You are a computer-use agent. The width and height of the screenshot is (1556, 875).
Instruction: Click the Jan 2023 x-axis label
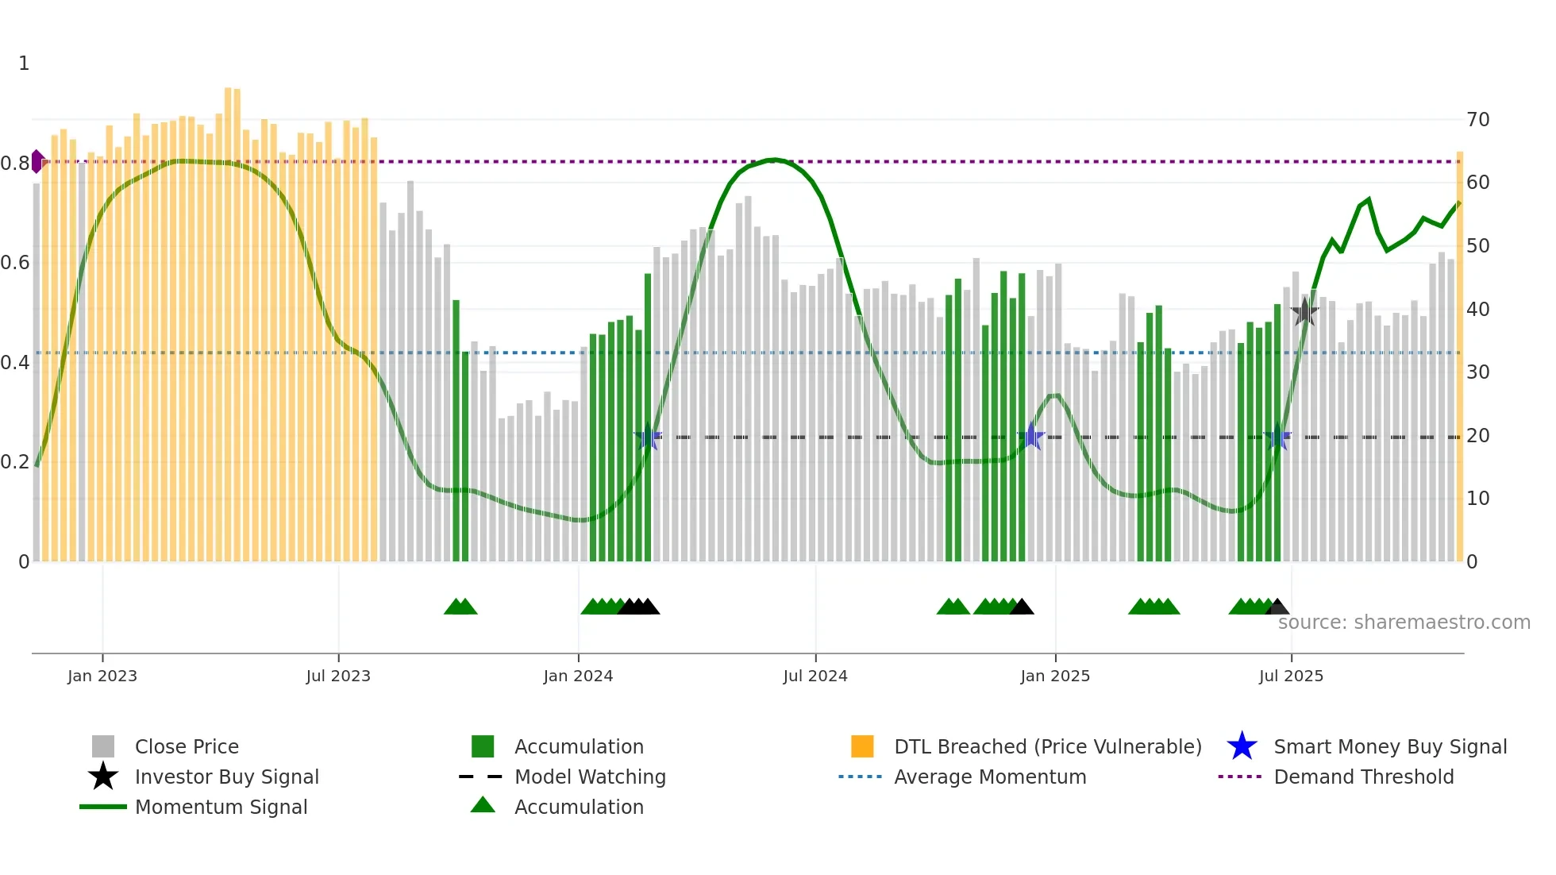tap(102, 676)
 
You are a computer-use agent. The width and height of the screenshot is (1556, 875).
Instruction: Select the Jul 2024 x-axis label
tap(815, 676)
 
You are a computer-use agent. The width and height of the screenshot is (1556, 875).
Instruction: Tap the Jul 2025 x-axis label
tap(1291, 676)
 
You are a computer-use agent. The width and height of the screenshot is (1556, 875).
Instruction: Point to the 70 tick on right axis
tap(1477, 120)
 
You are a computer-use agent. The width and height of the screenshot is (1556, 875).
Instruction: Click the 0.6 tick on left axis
tap(15, 263)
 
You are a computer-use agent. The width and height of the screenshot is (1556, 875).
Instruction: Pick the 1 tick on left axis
tap(24, 64)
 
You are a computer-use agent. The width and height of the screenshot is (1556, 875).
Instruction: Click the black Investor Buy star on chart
tap(1304, 312)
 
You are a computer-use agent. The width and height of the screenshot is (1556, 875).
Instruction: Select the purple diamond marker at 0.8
tap(37, 161)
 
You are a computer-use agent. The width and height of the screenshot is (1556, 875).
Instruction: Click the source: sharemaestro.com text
tap(1404, 623)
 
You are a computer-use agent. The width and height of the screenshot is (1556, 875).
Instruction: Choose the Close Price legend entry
tap(187, 746)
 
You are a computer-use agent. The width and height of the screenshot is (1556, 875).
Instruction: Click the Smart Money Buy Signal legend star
tap(1242, 746)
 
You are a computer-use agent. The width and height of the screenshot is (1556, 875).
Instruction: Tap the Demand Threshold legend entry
tap(1363, 777)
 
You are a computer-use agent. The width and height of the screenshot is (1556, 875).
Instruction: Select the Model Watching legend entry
tap(590, 777)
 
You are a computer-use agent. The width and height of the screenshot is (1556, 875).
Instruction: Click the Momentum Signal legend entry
tap(221, 807)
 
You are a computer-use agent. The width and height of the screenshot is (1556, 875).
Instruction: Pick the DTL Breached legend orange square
tap(862, 746)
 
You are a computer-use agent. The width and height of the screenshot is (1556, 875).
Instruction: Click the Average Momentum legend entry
tap(989, 777)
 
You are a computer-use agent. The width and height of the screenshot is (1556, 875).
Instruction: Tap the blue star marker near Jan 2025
tap(1030, 437)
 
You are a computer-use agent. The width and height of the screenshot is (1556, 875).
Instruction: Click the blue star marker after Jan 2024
tap(648, 437)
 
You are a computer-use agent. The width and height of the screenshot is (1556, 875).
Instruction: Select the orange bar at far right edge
tap(1459, 357)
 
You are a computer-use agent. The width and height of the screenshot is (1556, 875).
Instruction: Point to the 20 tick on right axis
tap(1477, 436)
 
